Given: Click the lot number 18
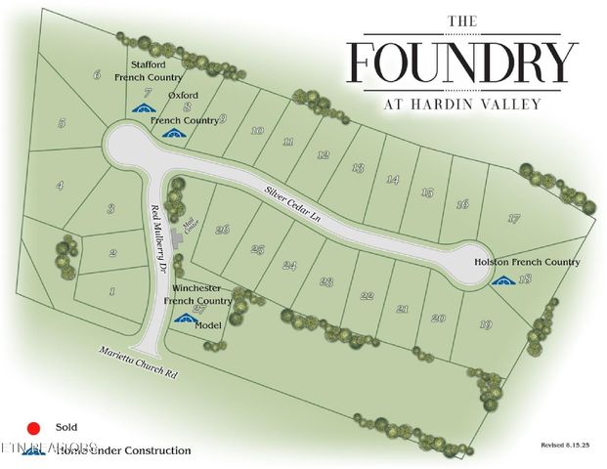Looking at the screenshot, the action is (526, 279).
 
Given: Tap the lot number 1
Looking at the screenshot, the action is (112, 290).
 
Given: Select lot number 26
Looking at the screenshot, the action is (223, 229).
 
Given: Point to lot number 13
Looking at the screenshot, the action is (358, 168).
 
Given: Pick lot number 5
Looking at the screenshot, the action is (62, 123).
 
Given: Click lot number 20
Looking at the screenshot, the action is (438, 318).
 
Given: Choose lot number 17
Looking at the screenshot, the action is (514, 218).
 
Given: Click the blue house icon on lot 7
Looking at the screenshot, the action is (144, 109).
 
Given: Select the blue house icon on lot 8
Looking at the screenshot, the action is (174, 133).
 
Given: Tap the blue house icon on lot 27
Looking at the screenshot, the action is (182, 320).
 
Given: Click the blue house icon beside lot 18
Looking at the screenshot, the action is (503, 280).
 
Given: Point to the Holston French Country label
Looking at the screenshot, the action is (527, 262).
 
